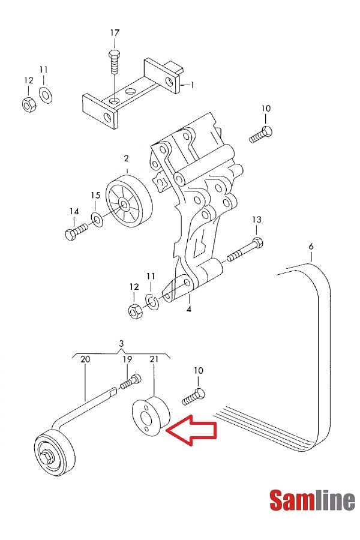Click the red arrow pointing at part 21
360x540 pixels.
tap(191, 430)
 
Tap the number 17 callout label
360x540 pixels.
tap(115, 33)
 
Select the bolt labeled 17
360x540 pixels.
tap(115, 62)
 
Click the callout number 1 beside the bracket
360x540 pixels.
tap(192, 85)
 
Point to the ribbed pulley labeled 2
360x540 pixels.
tap(128, 201)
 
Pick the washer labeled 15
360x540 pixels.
tap(97, 220)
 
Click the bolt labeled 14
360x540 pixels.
tap(77, 231)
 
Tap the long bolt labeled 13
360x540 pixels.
tap(245, 250)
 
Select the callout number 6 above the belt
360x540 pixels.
tap(311, 246)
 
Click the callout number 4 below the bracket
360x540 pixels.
tap(189, 309)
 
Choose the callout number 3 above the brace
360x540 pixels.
tap(121, 343)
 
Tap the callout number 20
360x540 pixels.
tap(85, 359)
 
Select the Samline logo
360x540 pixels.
tap(312, 500)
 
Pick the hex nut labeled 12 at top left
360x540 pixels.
tap(29, 104)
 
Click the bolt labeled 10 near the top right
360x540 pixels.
tap(260, 134)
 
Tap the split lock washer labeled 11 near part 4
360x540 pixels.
tap(152, 301)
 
